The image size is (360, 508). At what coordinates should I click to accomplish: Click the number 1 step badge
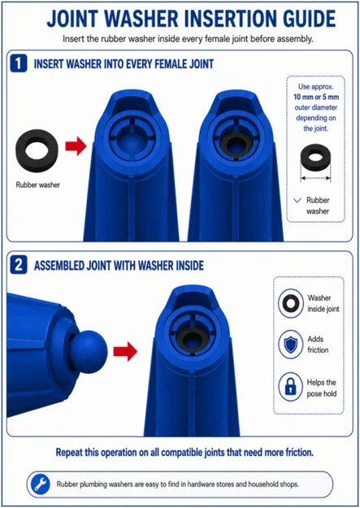click(19, 63)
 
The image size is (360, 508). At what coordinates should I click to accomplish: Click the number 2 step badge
click(19, 265)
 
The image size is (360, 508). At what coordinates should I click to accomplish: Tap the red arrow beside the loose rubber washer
click(76, 146)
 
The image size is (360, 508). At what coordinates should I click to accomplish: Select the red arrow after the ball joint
click(125, 351)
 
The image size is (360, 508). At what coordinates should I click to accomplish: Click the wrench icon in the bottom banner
click(40, 484)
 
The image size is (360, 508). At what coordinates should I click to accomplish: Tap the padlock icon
click(290, 387)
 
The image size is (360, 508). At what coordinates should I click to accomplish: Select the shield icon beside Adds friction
click(291, 345)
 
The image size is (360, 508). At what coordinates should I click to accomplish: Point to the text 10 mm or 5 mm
click(316, 97)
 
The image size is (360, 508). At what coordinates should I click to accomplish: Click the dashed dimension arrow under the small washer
click(315, 178)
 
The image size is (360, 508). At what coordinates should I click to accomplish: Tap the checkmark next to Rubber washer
click(297, 200)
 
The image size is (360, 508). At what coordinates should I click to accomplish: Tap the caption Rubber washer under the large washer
click(38, 185)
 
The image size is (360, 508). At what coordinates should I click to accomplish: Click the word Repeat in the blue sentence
click(69, 452)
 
